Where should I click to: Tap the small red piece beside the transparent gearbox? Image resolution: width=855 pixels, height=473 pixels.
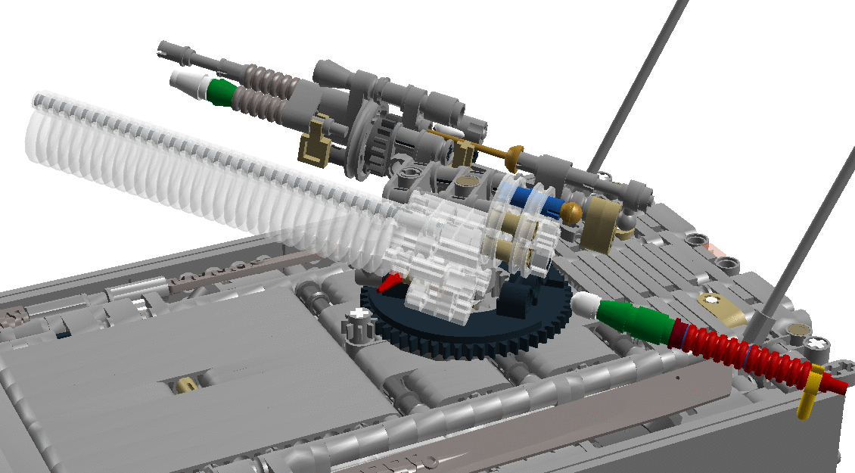click(390, 284)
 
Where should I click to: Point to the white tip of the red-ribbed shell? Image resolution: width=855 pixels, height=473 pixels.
click(584, 305)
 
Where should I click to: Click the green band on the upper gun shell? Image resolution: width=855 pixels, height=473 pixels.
click(221, 91)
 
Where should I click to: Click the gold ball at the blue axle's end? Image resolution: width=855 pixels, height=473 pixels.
click(572, 213)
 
